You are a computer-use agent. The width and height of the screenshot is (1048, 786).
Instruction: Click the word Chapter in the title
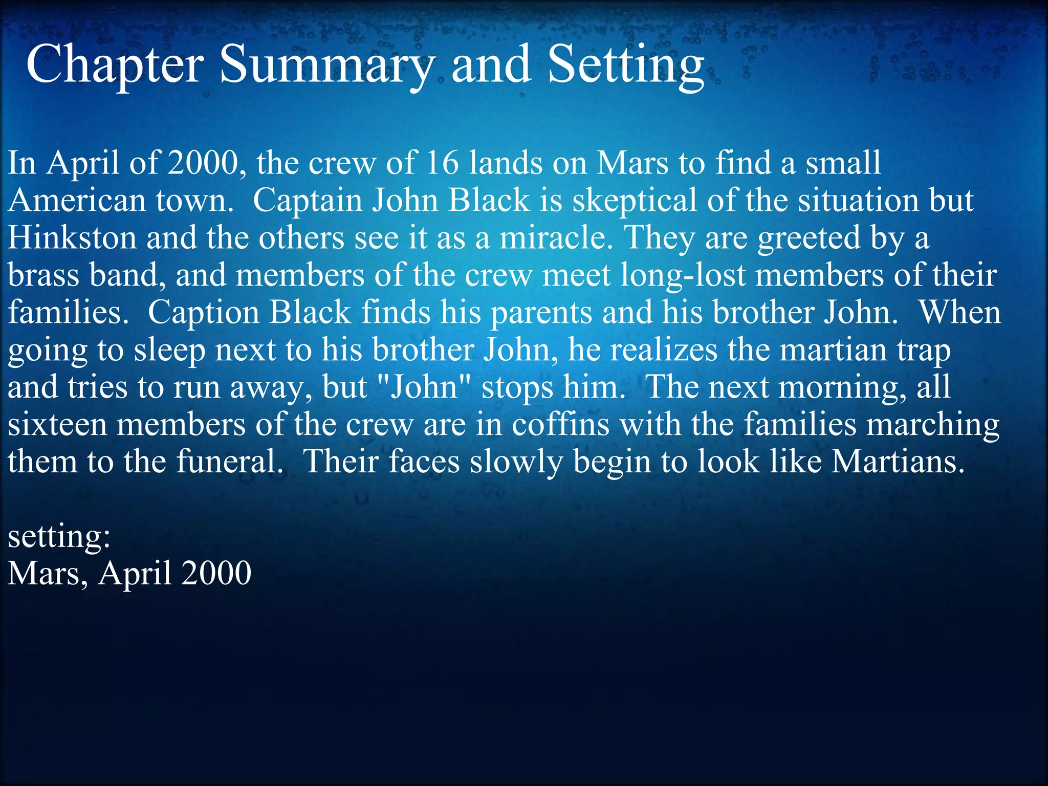pyautogui.click(x=115, y=65)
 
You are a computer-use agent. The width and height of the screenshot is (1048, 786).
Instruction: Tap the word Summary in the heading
pyautogui.click(x=327, y=65)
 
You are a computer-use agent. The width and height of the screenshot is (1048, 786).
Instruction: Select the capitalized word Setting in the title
pyautogui.click(x=625, y=65)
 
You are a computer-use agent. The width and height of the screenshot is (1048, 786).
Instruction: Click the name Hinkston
pyautogui.click(x=72, y=237)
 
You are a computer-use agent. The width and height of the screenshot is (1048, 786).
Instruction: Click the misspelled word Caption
pyautogui.click(x=204, y=312)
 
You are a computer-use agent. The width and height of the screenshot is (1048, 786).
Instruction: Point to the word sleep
pyautogui.click(x=169, y=350)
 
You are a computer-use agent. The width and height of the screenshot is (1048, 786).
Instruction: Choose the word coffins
pyautogui.click(x=561, y=425)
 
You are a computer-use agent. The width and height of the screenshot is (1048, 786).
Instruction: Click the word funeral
pyautogui.click(x=229, y=462)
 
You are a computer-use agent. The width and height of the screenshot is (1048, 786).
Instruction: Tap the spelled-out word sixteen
pyautogui.click(x=57, y=425)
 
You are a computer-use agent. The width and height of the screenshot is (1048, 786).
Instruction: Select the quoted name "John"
pyautogui.click(x=423, y=387)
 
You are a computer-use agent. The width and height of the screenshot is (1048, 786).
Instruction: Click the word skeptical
pyautogui.click(x=635, y=200)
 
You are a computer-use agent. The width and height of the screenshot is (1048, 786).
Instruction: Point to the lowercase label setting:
pyautogui.click(x=59, y=537)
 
